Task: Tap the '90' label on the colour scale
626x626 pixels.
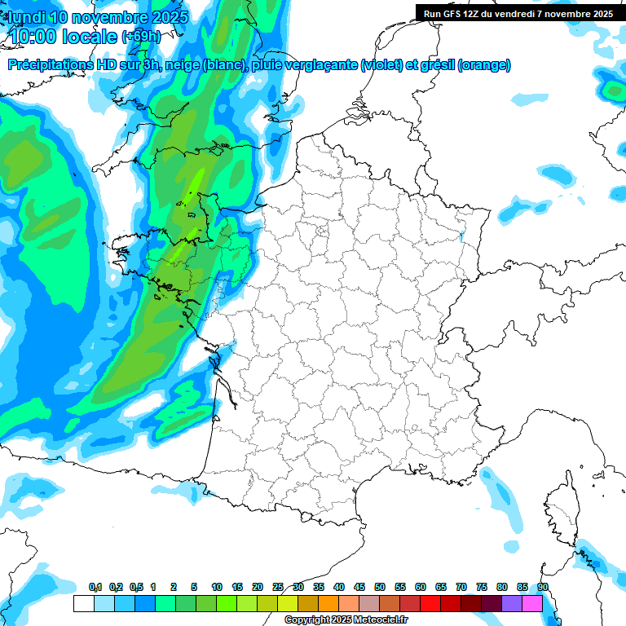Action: pos(543,587)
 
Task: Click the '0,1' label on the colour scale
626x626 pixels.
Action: pos(95,587)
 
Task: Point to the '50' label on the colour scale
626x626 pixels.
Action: pos(380,587)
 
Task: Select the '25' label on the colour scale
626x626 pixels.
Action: pos(278,587)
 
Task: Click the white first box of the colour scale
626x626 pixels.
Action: pos(83,603)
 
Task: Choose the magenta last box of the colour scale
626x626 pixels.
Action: pos(532,603)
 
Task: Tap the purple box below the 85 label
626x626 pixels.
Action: pos(512,603)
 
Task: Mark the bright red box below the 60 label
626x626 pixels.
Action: pos(430,603)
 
